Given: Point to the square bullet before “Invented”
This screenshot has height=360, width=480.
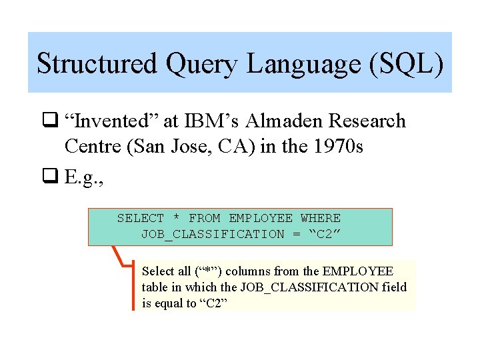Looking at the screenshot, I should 51,121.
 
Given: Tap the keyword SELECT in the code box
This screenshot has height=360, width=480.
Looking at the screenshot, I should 140,218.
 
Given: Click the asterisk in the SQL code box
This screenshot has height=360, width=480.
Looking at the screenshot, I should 176,218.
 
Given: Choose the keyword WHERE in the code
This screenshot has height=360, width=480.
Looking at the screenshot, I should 320,218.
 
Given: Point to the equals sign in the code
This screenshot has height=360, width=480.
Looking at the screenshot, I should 296,234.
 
